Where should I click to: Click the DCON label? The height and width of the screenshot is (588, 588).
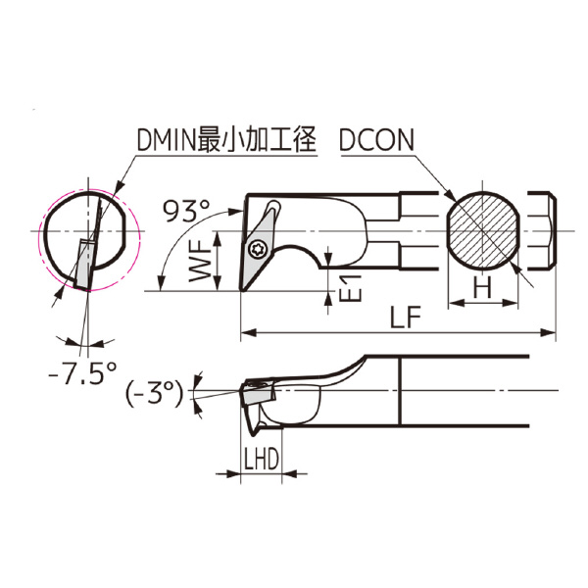pos(376,139)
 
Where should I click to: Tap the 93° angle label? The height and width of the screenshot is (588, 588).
pos(186,211)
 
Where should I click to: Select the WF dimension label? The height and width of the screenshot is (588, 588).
pos(200,261)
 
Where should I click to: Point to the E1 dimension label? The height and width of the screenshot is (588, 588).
pos(351,288)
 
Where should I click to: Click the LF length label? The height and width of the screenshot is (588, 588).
pos(405,317)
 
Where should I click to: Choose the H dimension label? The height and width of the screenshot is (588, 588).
pos(482,287)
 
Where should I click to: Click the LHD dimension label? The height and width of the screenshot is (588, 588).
pos(262,459)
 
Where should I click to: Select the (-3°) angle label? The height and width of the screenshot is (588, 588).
pos(154,393)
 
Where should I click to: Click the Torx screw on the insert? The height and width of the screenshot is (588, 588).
pos(258,248)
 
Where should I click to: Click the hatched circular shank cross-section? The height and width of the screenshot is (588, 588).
pos(483,230)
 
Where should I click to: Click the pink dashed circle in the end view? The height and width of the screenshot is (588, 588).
pos(88,239)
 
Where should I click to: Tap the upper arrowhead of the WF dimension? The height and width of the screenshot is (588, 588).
pos(218,238)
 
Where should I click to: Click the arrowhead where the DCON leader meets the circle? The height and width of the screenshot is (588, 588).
pos(449,195)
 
